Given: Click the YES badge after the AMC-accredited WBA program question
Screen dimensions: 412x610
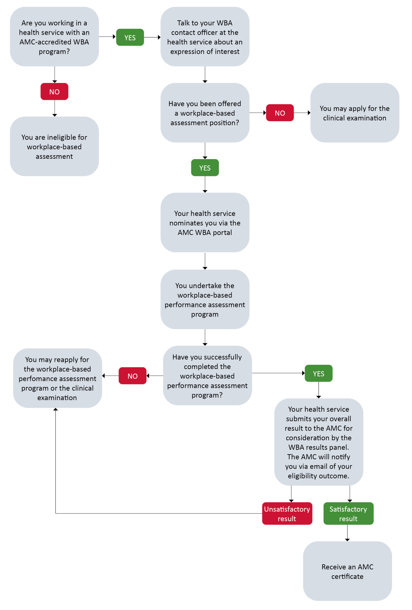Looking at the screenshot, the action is (130, 37).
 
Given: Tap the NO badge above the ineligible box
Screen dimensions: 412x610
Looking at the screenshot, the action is (54, 91).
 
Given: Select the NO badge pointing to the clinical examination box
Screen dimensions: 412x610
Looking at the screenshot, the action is (280, 113).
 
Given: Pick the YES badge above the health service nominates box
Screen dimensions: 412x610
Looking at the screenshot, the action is (205, 168).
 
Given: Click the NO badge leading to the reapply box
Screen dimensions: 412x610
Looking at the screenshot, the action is (132, 376).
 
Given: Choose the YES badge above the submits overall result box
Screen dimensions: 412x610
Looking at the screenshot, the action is (319, 373).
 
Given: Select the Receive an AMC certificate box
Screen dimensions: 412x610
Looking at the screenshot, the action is (347, 571).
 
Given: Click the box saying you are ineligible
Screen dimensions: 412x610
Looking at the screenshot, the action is (54, 146).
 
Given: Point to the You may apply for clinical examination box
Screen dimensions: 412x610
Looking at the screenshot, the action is (355, 113).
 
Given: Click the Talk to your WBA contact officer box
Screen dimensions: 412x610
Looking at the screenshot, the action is (205, 36).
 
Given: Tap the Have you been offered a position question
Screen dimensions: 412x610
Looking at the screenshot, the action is (205, 113).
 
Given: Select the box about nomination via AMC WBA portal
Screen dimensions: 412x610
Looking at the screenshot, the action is (205, 223).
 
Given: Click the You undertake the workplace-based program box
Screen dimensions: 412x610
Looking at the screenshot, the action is (205, 299).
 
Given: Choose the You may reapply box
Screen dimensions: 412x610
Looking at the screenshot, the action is (57, 378).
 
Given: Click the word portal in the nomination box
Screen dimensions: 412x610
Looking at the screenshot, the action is (222, 233).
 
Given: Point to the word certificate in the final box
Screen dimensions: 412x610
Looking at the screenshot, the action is (347, 576).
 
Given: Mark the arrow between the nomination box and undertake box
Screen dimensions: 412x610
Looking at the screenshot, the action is (205, 261).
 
